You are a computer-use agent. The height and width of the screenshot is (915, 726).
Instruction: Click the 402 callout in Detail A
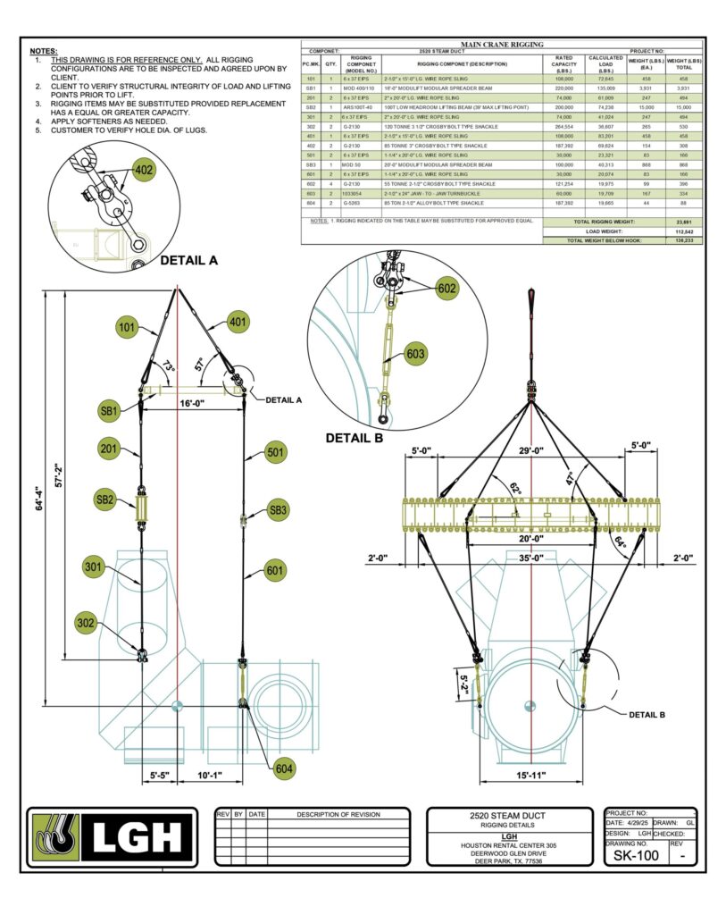tap(143, 169)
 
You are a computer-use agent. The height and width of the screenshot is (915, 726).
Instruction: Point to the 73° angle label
tap(169, 367)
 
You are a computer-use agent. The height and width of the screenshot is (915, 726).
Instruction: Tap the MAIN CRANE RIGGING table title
tap(502, 44)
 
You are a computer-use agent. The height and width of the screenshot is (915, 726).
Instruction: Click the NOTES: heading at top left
tap(43, 53)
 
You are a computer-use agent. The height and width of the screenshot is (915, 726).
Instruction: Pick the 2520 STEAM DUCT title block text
tap(508, 816)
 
